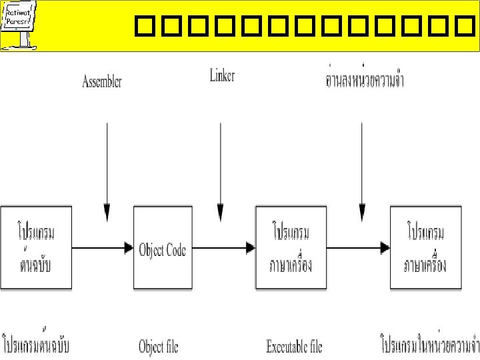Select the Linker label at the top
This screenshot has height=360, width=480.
(x=221, y=76)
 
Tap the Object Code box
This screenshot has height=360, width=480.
(x=163, y=248)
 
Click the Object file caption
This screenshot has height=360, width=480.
(x=159, y=347)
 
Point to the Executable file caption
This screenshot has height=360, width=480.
(x=294, y=347)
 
